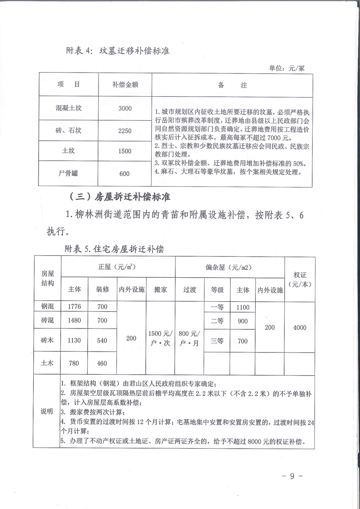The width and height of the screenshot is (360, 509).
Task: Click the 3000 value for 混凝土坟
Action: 124,108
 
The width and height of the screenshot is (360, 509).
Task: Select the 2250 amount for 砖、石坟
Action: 124,131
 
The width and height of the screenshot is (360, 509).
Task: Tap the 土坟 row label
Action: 69,151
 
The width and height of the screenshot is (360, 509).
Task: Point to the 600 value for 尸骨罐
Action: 124,173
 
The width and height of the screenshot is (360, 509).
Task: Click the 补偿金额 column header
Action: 124,85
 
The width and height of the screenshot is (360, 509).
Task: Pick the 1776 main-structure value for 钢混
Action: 74,307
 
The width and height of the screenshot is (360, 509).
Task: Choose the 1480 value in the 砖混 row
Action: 74,320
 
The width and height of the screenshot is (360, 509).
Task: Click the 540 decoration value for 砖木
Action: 102,341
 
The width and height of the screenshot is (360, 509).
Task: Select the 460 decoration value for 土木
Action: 102,363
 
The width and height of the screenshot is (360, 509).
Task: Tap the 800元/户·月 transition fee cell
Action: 189,338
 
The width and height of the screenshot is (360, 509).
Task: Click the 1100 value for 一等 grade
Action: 243,307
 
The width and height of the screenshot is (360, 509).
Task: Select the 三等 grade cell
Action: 217,341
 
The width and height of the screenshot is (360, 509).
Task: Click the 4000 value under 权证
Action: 300,328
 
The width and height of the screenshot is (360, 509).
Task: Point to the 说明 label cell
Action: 47,411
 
